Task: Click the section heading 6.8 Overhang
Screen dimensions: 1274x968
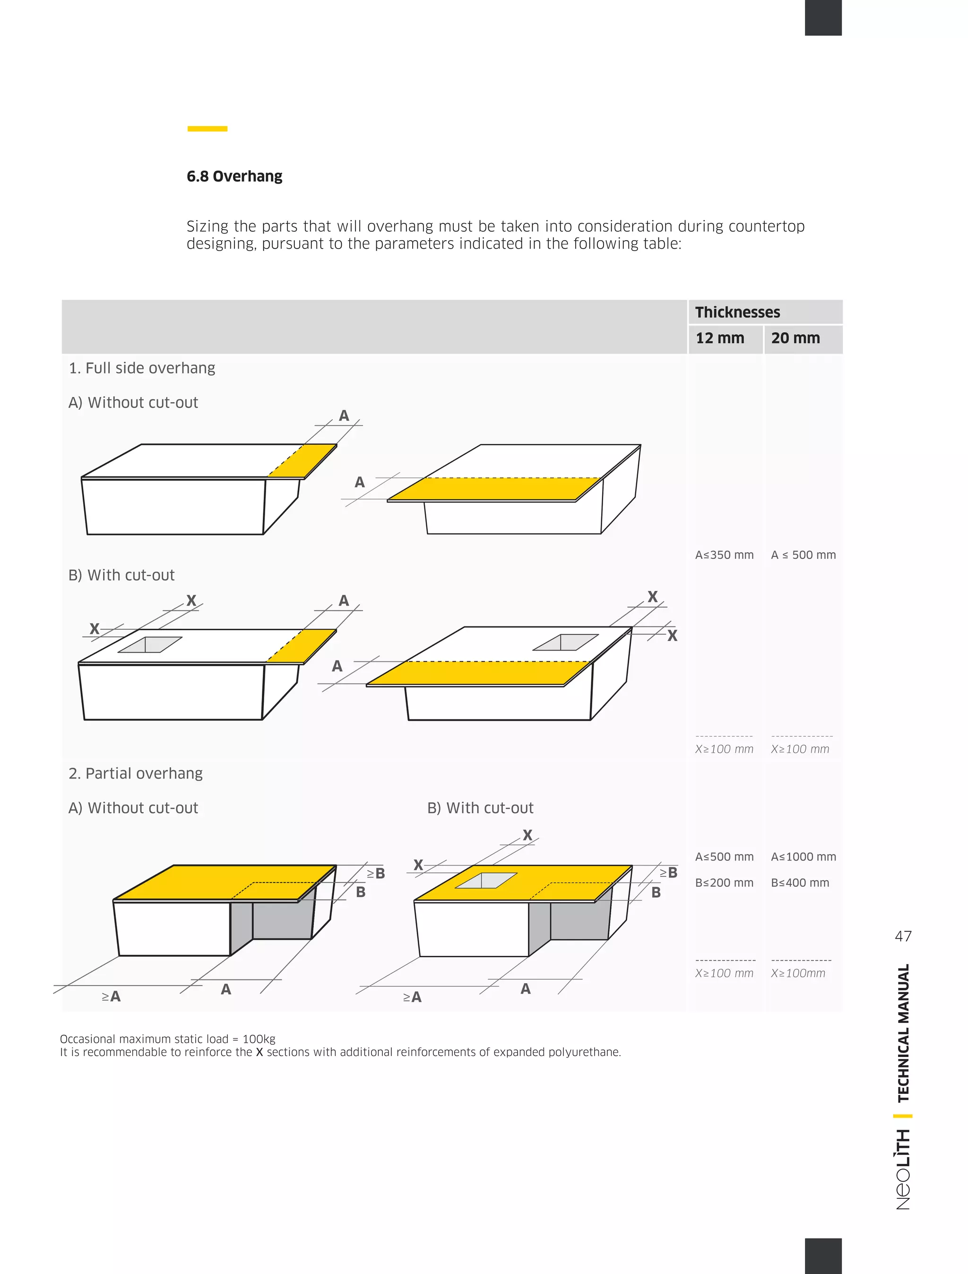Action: (234, 176)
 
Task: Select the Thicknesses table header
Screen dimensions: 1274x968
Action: (737, 312)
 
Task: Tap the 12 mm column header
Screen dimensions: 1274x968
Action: (720, 338)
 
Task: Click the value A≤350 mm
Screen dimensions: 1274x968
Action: (724, 555)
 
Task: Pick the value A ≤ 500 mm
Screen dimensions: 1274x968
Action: (803, 555)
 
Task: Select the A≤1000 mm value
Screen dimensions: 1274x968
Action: (803, 857)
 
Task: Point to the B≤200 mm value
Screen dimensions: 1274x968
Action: (724, 883)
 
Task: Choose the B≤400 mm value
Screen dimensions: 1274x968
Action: (800, 883)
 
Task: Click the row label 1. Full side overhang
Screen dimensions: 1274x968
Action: (142, 368)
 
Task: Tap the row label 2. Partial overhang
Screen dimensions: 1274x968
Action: (135, 773)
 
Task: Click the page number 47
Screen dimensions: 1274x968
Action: (903, 936)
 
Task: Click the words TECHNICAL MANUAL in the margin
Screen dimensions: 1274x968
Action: (903, 1032)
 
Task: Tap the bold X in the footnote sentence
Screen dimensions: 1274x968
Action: (259, 1052)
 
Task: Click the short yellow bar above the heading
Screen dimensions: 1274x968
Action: (207, 129)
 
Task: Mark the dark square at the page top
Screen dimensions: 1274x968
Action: (823, 17)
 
